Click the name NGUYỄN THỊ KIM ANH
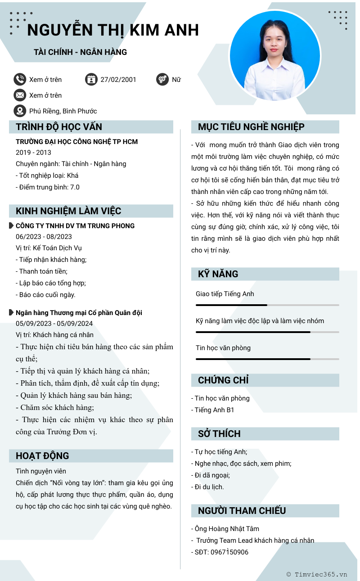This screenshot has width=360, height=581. [113, 30]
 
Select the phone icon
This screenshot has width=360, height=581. [20, 80]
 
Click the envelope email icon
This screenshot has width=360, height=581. [20, 95]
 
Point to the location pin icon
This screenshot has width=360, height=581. [20, 111]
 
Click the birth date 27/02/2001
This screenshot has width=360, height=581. [118, 80]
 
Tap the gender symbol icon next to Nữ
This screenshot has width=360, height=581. [162, 80]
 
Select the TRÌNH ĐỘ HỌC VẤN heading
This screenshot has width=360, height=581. [59, 127]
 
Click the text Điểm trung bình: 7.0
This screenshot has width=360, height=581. [48, 187]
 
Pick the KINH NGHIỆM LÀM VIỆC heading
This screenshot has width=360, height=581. [68, 211]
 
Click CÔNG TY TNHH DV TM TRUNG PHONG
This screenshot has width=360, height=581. [75, 226]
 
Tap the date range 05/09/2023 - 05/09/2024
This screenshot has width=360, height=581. [54, 324]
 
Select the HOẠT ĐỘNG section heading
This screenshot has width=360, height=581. [42, 456]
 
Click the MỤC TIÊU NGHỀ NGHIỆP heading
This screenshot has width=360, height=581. [251, 127]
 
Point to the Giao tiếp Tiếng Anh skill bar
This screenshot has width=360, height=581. [267, 305]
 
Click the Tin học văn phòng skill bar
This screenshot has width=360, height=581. [267, 359]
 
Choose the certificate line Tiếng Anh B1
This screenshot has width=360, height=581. [214, 410]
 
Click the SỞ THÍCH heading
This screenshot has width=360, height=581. [219, 434]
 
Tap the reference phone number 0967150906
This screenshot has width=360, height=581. [229, 552]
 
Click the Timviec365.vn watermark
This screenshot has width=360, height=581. [317, 574]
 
